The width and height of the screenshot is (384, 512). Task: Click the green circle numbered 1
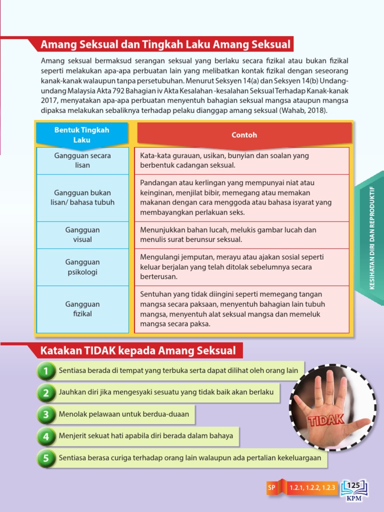[46, 371]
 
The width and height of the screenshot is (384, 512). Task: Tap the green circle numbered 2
[46, 393]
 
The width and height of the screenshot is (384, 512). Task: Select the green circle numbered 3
[46, 414]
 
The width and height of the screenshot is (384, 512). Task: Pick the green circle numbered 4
[46, 436]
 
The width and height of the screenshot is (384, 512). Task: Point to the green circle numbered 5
[46, 458]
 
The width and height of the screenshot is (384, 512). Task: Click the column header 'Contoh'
[244, 135]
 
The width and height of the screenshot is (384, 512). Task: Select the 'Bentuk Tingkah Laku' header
[82, 135]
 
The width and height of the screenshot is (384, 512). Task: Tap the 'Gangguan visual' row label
[82, 235]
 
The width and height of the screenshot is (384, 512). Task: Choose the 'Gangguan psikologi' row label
[82, 267]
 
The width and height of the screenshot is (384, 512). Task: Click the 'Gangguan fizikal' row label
[82, 309]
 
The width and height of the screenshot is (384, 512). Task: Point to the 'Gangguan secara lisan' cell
[82, 160]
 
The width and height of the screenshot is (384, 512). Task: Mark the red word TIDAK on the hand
[326, 419]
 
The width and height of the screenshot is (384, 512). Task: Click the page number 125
[353, 485]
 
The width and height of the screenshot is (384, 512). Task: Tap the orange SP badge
[271, 487]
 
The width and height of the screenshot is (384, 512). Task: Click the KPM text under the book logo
[353, 498]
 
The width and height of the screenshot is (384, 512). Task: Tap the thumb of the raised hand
[358, 425]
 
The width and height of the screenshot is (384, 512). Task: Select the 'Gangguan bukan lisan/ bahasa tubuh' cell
[82, 197]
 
